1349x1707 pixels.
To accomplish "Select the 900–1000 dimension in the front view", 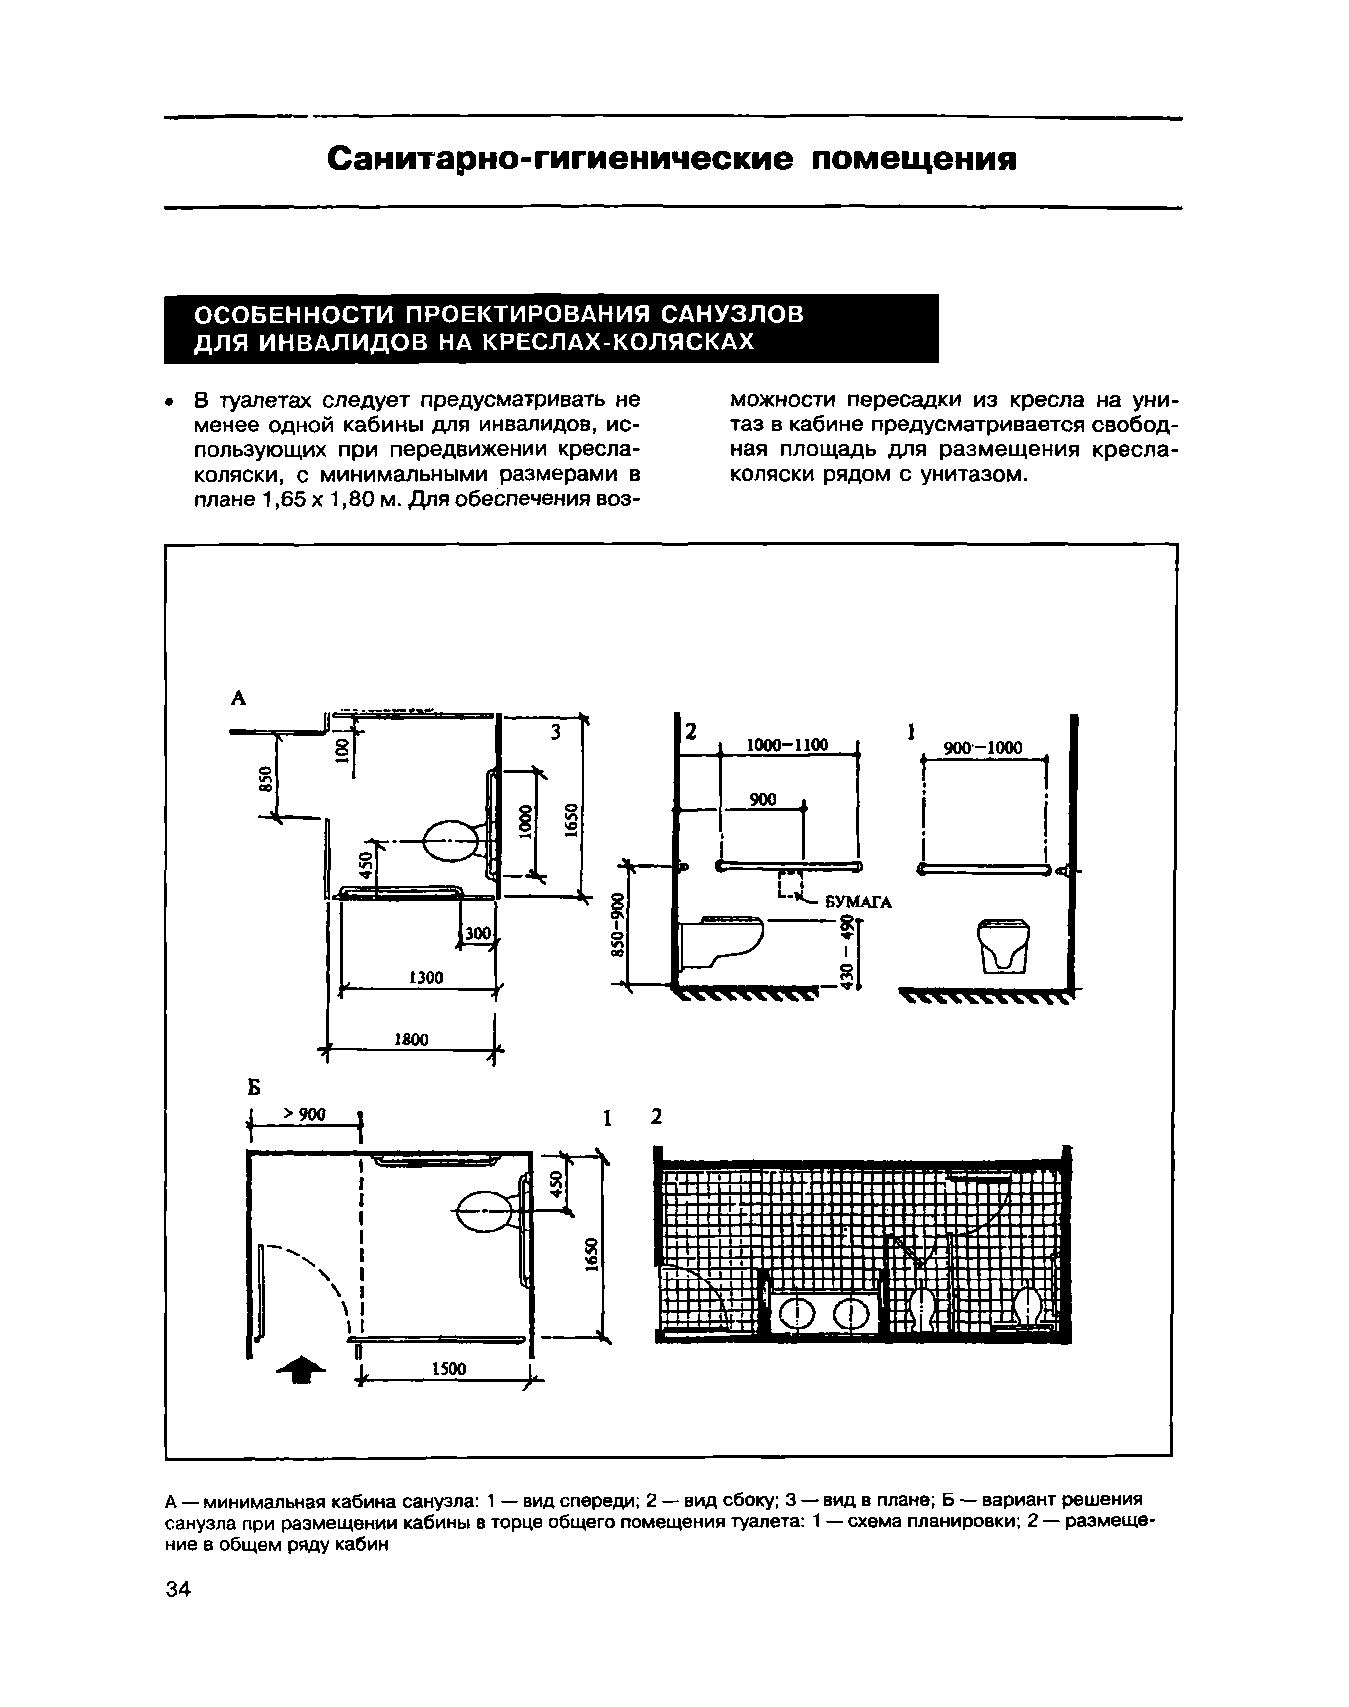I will pos(983,748).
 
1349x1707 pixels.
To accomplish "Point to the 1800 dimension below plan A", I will pos(411,1041).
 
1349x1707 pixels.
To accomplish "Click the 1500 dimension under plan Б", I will pos(448,1368).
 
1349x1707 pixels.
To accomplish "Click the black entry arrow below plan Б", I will pos(300,1368).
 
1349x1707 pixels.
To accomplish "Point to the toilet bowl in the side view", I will pos(723,942).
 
